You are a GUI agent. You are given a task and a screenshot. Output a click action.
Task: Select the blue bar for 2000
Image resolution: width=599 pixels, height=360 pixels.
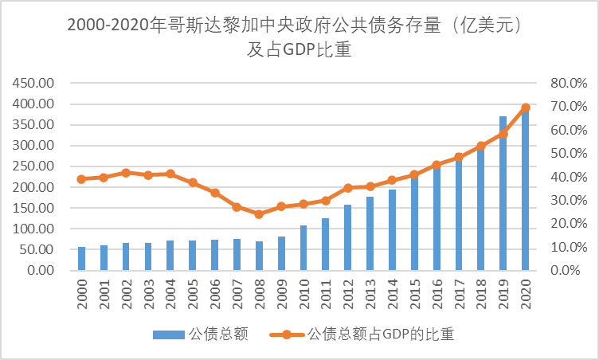point(81,259)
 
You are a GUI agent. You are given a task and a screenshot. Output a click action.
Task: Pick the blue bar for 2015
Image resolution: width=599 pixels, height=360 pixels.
point(414,222)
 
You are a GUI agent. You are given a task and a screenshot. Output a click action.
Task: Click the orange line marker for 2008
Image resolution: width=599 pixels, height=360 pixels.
point(259,214)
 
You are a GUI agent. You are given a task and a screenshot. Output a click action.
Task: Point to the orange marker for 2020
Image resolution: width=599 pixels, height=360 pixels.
point(526,108)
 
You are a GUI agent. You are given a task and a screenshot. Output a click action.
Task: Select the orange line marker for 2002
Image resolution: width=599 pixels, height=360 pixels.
point(126,173)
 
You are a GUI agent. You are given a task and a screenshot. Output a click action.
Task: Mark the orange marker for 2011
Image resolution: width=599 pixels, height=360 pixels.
point(326,200)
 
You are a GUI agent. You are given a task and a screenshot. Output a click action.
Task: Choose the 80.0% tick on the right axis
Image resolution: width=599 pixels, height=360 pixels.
point(568,83)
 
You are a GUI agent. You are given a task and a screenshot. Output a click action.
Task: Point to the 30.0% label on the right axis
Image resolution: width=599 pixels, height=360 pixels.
point(568,200)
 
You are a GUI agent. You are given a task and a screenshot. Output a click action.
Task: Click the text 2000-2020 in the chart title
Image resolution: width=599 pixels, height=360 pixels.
point(112,25)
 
